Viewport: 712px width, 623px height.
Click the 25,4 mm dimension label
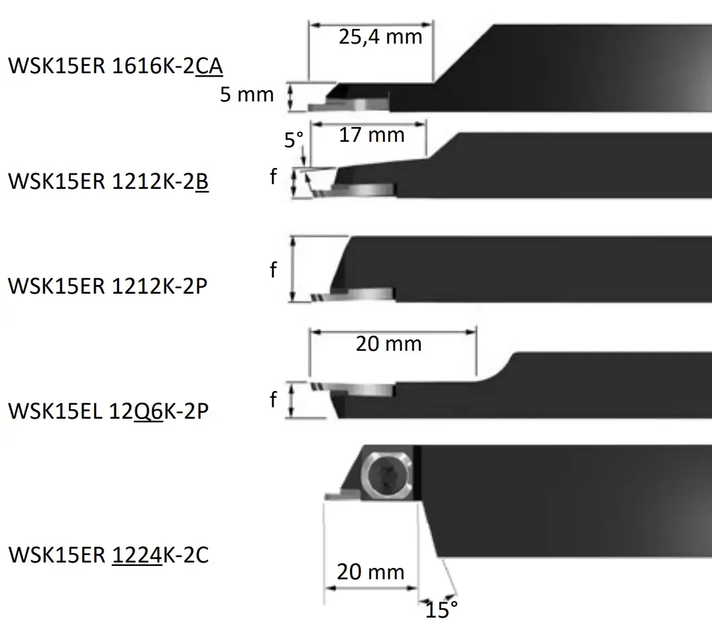point(380,37)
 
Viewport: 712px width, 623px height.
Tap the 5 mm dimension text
point(247,94)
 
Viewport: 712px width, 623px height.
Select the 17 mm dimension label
point(372,134)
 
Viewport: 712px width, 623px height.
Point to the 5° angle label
point(293,140)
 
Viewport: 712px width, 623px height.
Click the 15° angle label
point(441,610)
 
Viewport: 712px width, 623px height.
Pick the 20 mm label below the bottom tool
point(371,572)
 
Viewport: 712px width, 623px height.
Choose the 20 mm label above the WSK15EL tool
point(389,343)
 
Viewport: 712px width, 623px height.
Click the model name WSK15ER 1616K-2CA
point(116,66)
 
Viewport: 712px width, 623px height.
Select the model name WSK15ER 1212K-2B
point(108,181)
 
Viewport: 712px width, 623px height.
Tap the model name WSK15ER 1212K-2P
point(108,286)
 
